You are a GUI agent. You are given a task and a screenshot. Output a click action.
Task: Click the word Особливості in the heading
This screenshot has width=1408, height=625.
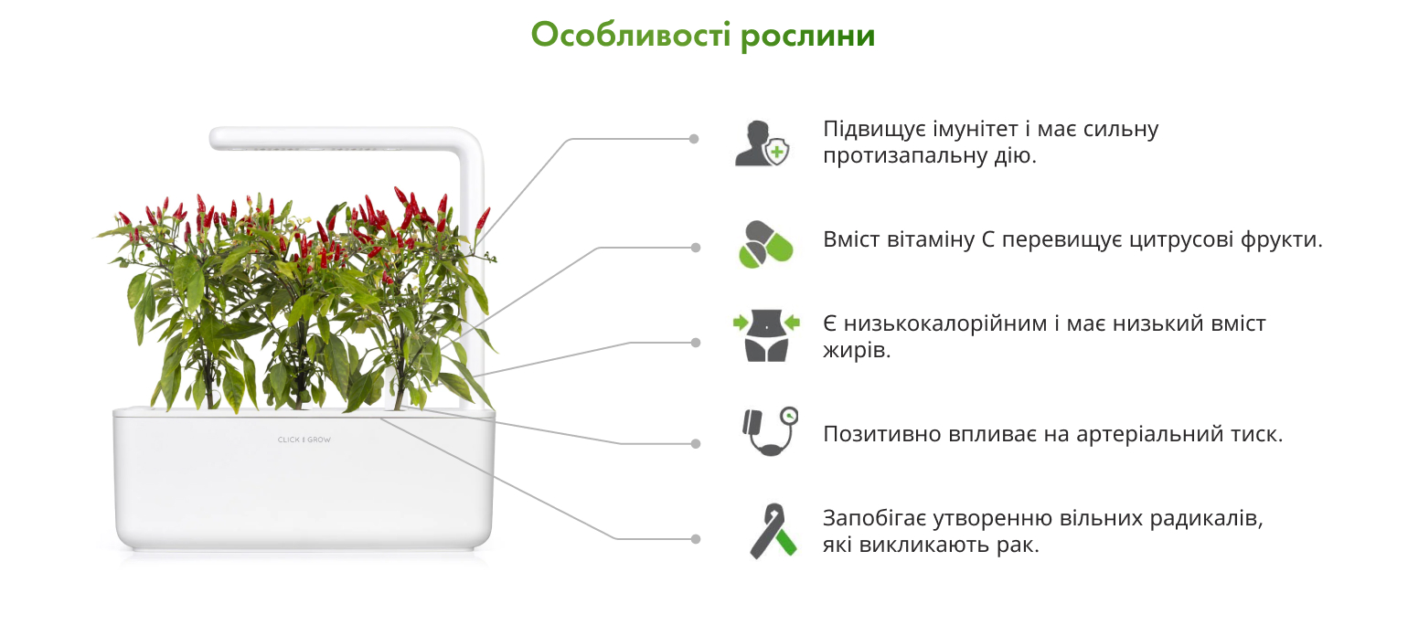[631, 35]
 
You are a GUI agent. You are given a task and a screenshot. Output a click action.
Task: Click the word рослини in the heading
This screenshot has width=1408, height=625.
[807, 37]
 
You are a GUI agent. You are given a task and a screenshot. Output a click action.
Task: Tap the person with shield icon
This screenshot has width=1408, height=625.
[762, 143]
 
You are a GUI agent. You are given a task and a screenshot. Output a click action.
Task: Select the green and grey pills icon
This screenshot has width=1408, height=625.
[765, 244]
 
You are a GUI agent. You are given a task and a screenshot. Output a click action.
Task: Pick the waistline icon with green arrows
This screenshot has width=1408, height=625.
[766, 335]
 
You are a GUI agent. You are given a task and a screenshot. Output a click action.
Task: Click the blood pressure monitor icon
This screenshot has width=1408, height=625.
[770, 431]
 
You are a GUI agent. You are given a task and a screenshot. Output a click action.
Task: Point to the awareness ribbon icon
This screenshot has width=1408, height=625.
[773, 531]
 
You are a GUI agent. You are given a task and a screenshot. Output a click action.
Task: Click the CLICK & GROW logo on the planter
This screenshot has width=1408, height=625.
[304, 440]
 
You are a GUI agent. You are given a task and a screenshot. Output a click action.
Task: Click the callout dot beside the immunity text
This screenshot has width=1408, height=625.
[694, 139]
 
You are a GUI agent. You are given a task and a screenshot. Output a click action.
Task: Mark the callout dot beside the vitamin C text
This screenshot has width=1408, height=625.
[696, 248]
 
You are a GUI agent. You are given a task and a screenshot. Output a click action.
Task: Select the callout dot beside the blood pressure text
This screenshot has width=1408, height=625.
[696, 443]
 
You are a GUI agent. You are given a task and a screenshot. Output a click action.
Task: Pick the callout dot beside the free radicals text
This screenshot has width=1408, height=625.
[696, 539]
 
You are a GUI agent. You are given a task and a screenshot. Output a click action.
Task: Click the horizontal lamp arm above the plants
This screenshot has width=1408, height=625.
[339, 139]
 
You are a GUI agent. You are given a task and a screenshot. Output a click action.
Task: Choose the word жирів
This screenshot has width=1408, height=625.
[857, 351]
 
